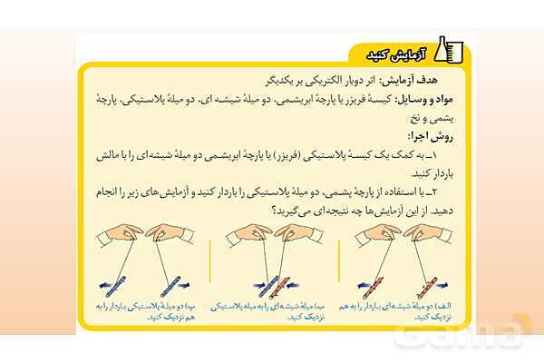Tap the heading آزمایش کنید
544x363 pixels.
[x=400, y=52]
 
